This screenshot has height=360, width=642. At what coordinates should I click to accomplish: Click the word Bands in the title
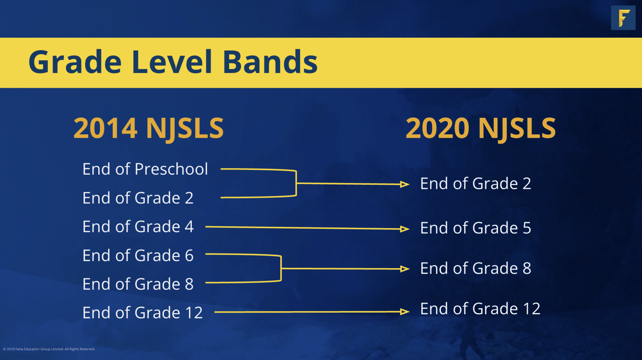(x=270, y=62)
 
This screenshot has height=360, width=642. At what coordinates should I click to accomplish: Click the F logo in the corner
(x=623, y=17)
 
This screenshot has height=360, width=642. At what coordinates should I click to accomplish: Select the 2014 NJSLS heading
(x=148, y=128)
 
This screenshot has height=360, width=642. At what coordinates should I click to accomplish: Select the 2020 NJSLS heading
(x=480, y=128)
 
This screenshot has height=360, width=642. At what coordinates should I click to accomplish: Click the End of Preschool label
(x=145, y=169)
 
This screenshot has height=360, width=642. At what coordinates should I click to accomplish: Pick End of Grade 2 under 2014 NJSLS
(x=138, y=198)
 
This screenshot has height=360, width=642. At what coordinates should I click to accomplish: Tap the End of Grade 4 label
(x=138, y=227)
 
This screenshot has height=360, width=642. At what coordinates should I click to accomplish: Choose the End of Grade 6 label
(x=138, y=255)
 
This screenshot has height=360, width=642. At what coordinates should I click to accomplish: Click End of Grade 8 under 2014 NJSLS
(x=138, y=284)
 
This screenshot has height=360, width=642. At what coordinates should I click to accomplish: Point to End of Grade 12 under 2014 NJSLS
(x=143, y=313)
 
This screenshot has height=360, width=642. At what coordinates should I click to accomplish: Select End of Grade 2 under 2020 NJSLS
(x=476, y=183)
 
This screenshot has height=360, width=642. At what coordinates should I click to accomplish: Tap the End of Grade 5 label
(x=476, y=228)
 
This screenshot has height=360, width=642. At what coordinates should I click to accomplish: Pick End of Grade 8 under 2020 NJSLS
(x=476, y=268)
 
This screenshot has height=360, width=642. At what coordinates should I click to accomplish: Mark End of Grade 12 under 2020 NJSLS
(x=480, y=309)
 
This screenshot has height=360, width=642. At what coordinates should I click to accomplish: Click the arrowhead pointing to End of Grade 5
(x=405, y=229)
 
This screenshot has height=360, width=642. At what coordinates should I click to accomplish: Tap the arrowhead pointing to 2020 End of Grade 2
(x=405, y=184)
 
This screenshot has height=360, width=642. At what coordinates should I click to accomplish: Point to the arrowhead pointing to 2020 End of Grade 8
(x=405, y=269)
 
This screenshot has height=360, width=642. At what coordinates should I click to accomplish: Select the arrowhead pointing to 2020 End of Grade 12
(x=405, y=312)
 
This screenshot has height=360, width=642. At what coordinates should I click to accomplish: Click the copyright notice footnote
(x=49, y=349)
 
